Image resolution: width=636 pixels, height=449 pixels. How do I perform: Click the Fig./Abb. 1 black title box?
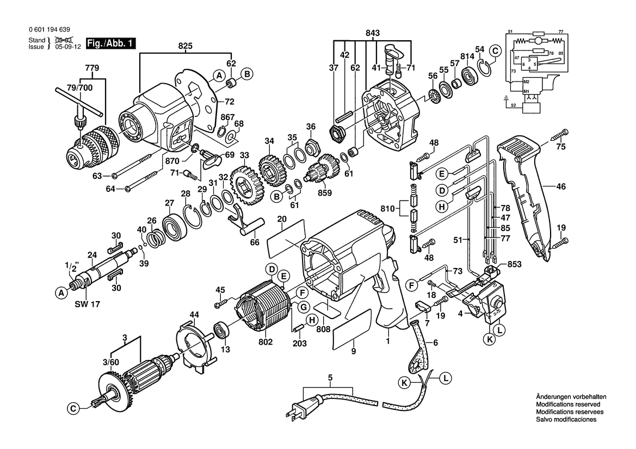coord(111,43)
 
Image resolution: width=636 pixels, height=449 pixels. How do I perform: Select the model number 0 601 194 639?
coord(50,29)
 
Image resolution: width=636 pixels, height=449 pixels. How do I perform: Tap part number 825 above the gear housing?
coord(185,46)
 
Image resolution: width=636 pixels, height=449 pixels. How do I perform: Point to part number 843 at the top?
coord(372,33)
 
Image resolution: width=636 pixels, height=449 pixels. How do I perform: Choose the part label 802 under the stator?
coord(265,341)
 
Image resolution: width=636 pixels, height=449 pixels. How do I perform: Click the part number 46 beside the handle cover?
coord(560,187)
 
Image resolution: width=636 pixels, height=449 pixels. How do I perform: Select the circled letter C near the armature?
coord(73,409)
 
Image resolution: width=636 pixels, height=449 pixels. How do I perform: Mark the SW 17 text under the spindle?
coord(87,304)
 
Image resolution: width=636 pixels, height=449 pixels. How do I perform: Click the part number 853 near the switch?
coord(514,265)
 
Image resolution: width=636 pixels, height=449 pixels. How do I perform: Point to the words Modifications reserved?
coord(568,404)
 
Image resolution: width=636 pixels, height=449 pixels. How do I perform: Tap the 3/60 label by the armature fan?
coord(111,362)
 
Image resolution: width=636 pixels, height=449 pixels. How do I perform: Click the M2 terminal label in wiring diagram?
coord(527,82)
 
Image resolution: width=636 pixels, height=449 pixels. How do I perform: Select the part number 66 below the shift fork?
coord(254,242)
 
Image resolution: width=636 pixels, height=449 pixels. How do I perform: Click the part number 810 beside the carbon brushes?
coord(388,209)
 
